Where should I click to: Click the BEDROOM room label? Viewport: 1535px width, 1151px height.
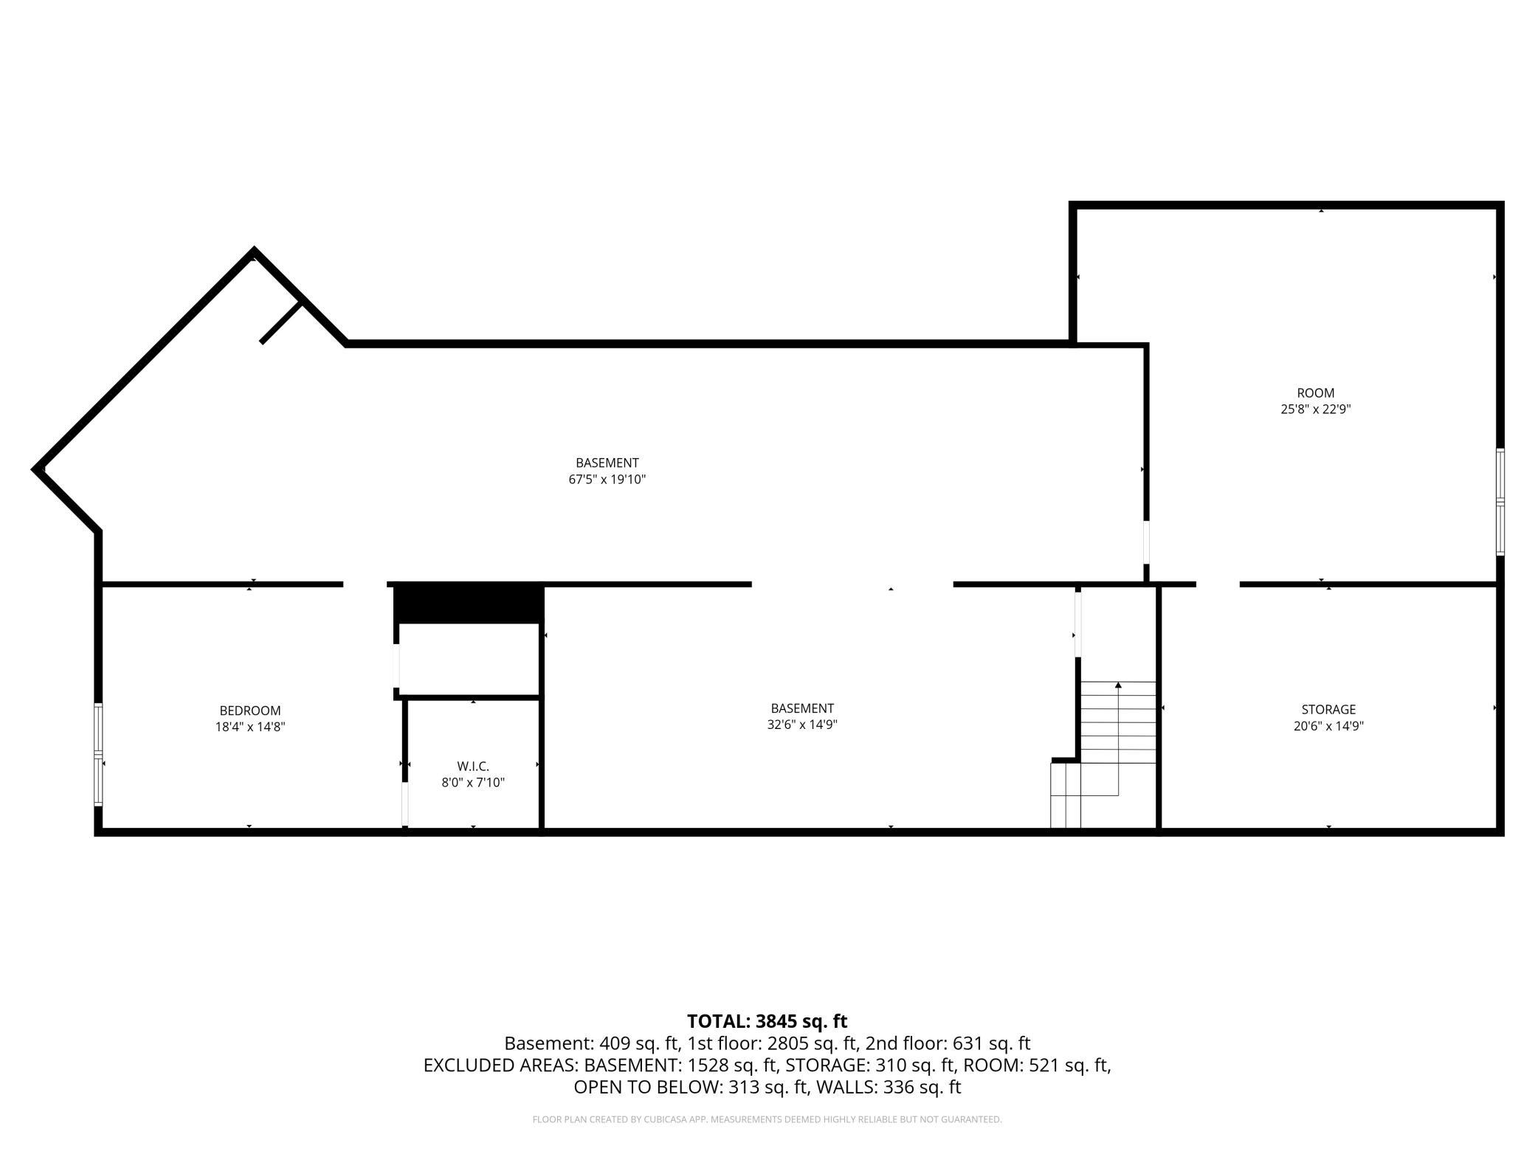[x=250, y=711]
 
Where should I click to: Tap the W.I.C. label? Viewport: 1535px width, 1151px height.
[x=473, y=767]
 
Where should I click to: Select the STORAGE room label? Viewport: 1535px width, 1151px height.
[x=1328, y=710]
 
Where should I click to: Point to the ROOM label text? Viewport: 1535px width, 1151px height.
[x=1316, y=393]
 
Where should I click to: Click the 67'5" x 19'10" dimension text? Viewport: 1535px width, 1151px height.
[x=607, y=480]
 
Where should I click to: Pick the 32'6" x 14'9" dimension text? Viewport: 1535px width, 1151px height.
[x=802, y=725]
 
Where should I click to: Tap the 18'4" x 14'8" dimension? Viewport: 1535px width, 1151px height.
[x=250, y=727]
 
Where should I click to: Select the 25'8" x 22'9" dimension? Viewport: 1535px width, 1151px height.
[x=1316, y=409]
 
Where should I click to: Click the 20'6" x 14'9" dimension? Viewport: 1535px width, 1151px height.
[x=1328, y=726]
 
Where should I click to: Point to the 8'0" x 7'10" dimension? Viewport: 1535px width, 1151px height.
[x=473, y=783]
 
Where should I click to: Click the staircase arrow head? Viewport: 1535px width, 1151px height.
[x=1118, y=685]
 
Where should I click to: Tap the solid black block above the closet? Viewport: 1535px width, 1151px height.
[x=469, y=604]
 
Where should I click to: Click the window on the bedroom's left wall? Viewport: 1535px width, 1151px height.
[x=98, y=753]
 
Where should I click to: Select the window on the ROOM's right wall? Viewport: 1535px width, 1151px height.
[x=1500, y=502]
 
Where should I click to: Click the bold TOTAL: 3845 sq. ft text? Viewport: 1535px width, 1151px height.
[x=767, y=1021]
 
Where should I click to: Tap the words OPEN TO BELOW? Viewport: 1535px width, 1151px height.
[x=647, y=1087]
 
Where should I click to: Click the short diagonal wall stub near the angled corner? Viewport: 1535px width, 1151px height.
[x=281, y=322]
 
